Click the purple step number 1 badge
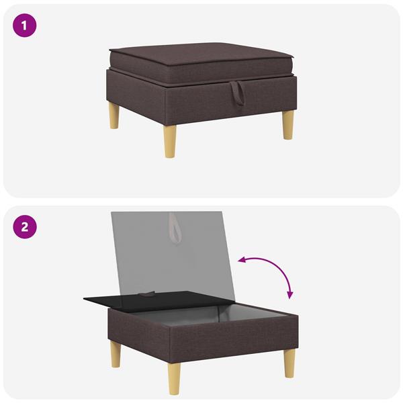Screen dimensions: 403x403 click(x=25, y=26)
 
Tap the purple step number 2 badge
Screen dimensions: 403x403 click(x=25, y=226)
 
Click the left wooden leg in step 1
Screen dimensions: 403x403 click(x=114, y=116)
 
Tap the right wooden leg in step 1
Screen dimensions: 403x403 click(x=287, y=124)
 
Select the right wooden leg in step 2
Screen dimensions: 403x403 click(x=289, y=363)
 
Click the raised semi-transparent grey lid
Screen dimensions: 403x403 click(x=175, y=255)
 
